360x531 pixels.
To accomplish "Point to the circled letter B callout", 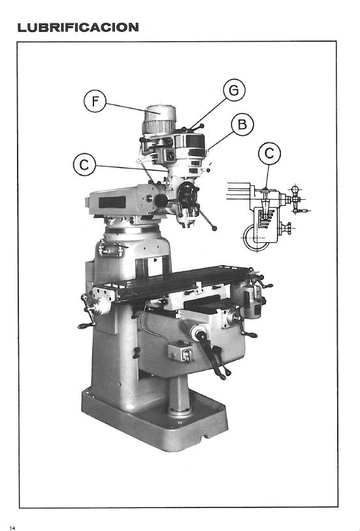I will click(242, 124).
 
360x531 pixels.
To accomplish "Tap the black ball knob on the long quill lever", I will click(216, 228).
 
